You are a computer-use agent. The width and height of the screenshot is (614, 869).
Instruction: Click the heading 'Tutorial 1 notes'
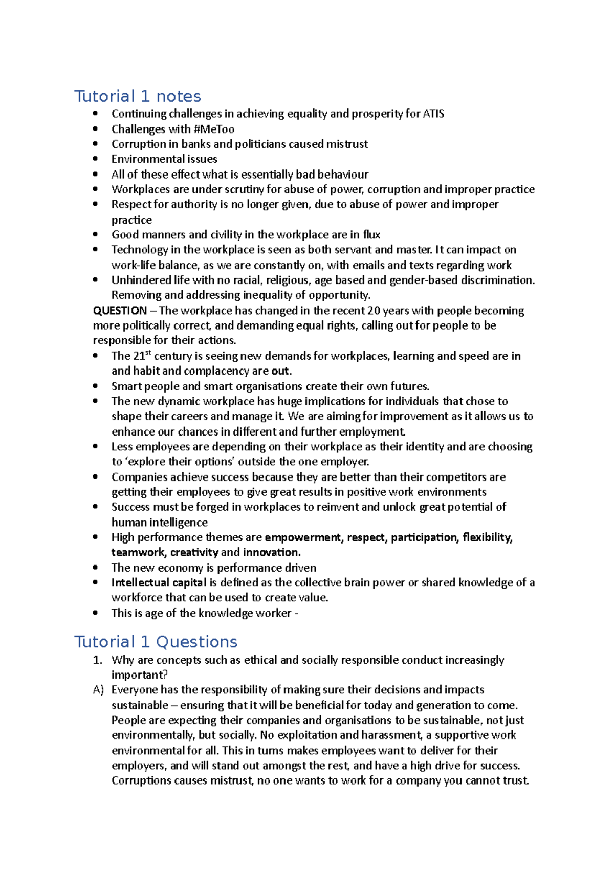[138, 96]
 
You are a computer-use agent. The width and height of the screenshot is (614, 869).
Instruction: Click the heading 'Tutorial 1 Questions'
[156, 642]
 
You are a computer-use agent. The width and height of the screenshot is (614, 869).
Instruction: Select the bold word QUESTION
[120, 311]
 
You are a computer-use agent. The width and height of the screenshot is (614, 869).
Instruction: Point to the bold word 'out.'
[281, 371]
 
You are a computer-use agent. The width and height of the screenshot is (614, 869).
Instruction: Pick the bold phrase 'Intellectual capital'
[159, 583]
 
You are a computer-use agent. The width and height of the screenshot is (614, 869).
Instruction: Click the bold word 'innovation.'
[272, 553]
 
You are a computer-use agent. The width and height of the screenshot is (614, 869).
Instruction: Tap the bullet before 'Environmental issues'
[96, 159]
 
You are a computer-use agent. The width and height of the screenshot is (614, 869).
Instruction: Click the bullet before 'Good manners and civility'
[96, 235]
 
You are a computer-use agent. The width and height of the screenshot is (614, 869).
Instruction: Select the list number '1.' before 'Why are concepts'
[98, 660]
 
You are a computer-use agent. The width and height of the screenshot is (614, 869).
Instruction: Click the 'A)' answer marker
[98, 690]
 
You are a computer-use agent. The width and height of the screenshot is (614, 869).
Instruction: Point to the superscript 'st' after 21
[149, 353]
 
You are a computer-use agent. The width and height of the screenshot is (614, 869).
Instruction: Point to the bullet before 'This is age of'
[96, 613]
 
